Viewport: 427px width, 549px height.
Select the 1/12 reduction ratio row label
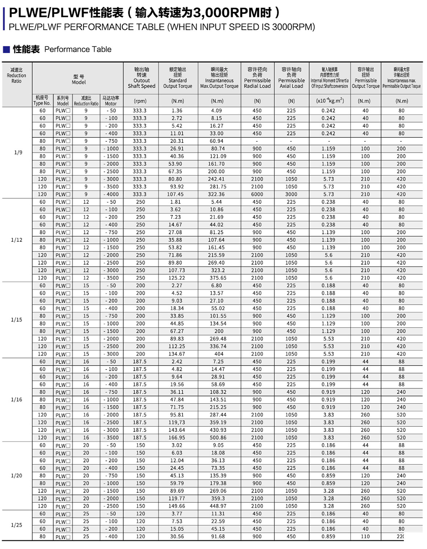(x=17, y=240)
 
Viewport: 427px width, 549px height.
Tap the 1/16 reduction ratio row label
(x=17, y=400)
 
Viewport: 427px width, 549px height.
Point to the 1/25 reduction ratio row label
(x=17, y=525)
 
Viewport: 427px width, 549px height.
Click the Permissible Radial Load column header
(x=257, y=78)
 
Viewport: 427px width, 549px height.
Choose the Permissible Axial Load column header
(x=291, y=78)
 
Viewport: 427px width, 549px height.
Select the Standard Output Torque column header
(x=178, y=78)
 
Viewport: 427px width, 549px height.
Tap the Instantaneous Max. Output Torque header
(x=219, y=78)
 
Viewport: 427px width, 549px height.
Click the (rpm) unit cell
(x=140, y=101)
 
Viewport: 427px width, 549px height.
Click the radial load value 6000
(x=257, y=194)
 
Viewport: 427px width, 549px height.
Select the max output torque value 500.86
(x=218, y=438)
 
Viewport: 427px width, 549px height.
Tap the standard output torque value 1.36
(x=177, y=111)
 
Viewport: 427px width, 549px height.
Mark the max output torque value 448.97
(x=218, y=506)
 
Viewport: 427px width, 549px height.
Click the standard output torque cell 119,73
(x=177, y=422)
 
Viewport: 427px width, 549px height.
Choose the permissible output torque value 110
(x=365, y=537)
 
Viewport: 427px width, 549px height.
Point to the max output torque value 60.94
(x=216, y=141)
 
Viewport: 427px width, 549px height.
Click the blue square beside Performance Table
(x=6, y=50)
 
